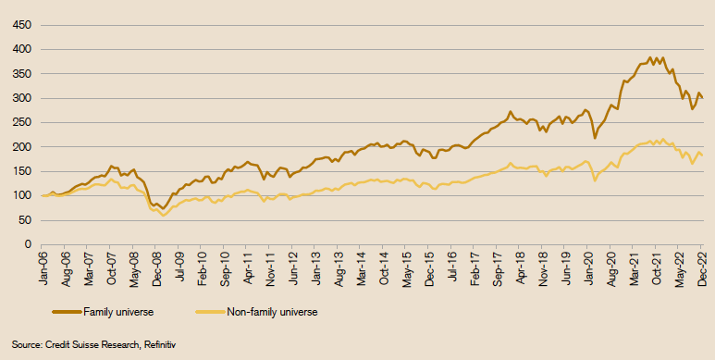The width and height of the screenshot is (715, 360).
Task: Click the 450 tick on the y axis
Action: point(18,25)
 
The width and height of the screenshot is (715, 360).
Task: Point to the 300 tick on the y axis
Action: point(18,98)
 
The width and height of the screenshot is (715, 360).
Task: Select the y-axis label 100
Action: point(18,195)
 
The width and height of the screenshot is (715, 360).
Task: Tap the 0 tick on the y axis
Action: point(26,244)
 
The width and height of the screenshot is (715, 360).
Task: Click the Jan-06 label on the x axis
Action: point(43,267)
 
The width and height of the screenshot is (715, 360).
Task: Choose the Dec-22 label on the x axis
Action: point(702,267)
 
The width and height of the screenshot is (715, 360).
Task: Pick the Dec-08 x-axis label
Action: point(157,267)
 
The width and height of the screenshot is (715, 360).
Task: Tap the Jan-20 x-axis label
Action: point(588,267)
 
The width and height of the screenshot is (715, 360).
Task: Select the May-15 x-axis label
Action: point(407,267)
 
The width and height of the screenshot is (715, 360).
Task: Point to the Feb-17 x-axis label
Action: point(475,267)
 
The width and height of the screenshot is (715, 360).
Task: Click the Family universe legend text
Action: point(117,312)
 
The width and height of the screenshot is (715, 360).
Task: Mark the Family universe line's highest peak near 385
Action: point(650,56)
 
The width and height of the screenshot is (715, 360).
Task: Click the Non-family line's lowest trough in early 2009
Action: point(164,215)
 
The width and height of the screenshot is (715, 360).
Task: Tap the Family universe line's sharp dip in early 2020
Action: point(595,138)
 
